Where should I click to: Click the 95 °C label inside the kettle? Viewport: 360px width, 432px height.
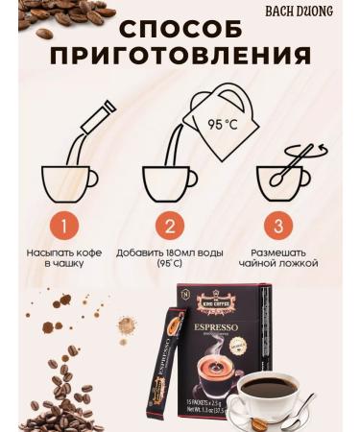pyautogui.click(x=226, y=123)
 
